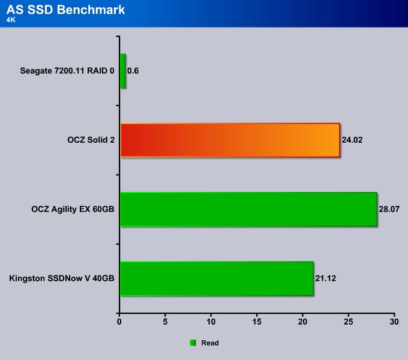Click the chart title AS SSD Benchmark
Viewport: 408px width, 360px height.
click(65, 10)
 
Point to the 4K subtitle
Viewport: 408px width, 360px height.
click(11, 20)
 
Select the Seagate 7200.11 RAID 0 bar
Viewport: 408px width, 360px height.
click(123, 71)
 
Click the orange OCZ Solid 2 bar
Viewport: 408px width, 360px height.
click(230, 140)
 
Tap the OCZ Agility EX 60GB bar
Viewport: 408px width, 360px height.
click(248, 209)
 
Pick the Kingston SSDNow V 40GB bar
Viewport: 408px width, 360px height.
click(217, 278)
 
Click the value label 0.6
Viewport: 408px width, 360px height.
click(133, 71)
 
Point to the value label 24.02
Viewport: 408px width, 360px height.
click(352, 140)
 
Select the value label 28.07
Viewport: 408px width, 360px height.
click(389, 209)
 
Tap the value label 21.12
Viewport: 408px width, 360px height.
click(326, 278)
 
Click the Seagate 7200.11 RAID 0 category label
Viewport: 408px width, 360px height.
click(67, 71)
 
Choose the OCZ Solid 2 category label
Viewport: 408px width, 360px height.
click(91, 140)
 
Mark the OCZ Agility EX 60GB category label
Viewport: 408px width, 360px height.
click(73, 209)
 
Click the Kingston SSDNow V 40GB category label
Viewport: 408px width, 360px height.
click(62, 278)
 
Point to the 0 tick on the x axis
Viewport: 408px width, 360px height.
click(119, 322)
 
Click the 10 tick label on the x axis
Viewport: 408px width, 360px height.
click(211, 322)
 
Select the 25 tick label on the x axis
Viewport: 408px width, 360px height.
click(349, 322)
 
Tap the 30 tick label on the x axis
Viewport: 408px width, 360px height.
click(394, 322)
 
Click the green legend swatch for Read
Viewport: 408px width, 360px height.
click(193, 343)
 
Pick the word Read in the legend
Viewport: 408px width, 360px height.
click(210, 343)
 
